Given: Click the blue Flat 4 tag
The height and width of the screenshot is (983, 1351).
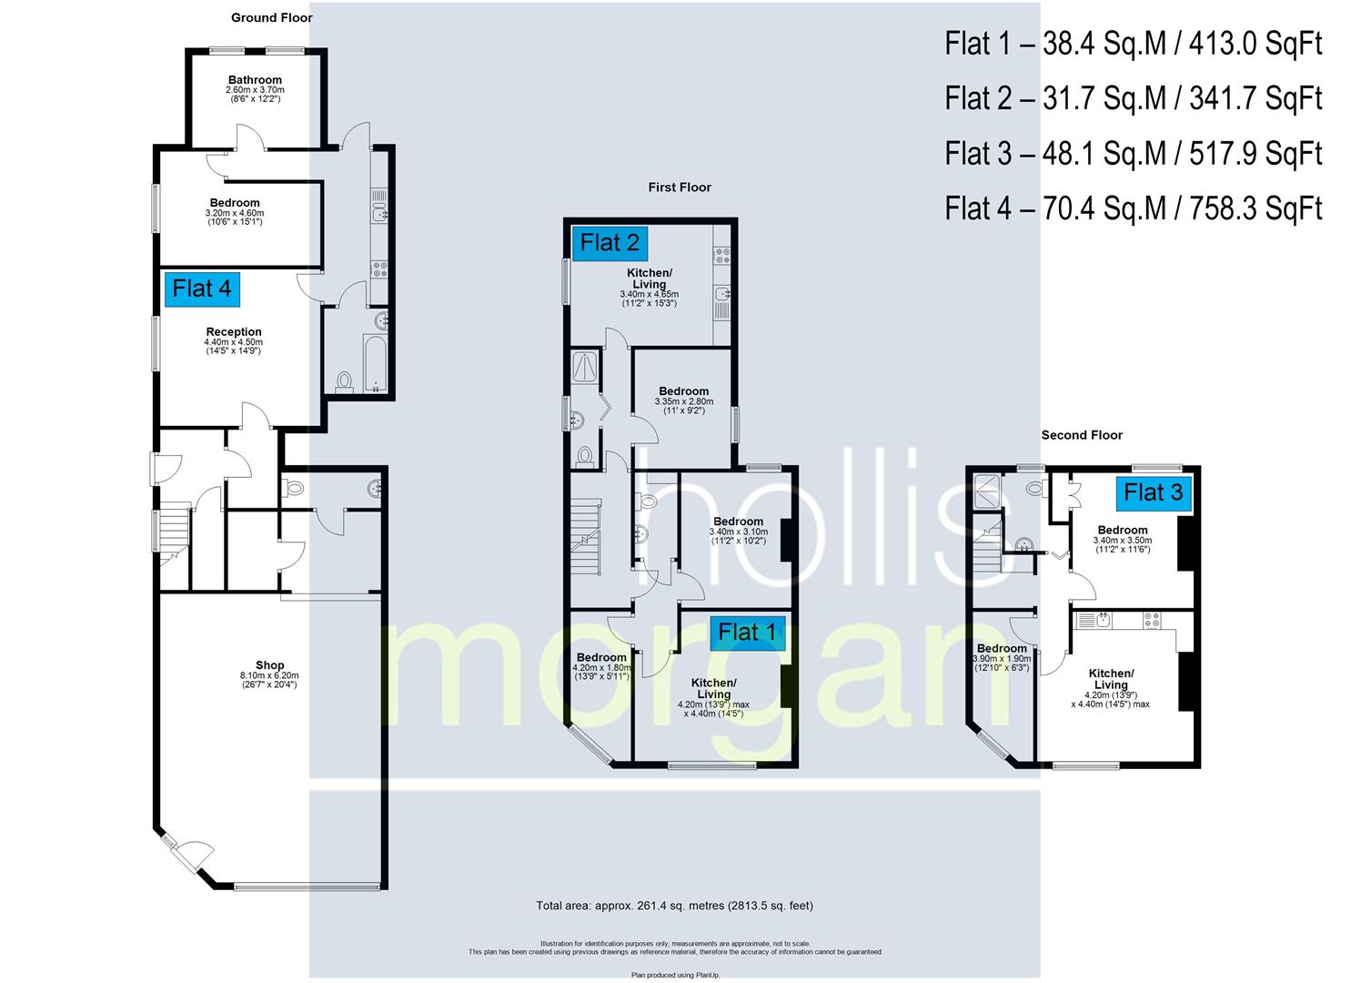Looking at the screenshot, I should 202,289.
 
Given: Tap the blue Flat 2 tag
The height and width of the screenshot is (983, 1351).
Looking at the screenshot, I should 610,243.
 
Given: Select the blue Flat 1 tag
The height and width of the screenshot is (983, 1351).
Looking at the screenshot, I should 747,632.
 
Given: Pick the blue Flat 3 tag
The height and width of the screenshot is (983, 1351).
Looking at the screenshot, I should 1153,493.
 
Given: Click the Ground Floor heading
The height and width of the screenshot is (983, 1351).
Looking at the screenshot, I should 271,17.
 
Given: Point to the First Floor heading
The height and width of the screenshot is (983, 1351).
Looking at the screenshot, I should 680,187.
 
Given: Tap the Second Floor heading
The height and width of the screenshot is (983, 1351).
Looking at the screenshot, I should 1082,435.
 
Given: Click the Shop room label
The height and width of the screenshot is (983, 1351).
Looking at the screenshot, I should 269,665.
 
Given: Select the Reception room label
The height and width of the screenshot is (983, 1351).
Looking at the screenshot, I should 233,332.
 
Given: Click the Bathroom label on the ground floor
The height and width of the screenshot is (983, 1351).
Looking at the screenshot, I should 255,80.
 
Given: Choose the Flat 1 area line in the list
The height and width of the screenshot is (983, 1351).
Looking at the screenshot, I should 1133,44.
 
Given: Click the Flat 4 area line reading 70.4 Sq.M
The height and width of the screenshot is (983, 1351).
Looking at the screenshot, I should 1133,208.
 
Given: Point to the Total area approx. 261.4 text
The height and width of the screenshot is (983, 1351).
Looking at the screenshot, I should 674,906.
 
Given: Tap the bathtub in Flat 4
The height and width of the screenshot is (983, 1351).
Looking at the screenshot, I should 374,362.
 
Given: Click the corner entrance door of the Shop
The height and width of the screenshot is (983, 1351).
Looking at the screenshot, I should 189,854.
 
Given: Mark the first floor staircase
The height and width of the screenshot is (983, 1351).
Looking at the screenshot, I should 586,537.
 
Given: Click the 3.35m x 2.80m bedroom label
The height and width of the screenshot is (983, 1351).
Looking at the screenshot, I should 683,391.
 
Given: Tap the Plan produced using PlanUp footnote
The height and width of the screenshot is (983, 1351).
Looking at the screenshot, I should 675,975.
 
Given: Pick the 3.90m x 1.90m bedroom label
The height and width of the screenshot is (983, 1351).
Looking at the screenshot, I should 1002,649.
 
